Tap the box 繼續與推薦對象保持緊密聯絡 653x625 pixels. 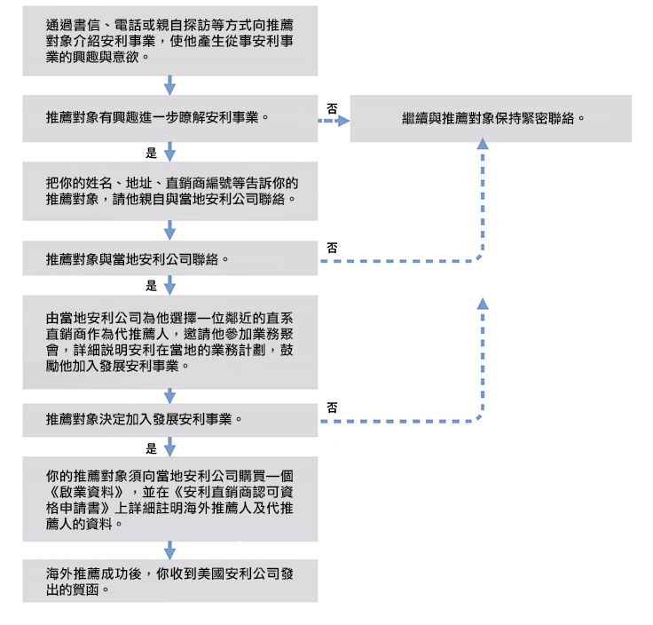click(x=491, y=117)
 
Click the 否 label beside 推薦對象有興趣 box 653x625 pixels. click(x=332, y=107)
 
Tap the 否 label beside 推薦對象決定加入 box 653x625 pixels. click(x=332, y=407)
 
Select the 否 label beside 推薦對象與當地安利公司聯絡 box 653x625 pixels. click(x=332, y=248)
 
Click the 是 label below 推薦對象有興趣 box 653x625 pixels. click(x=151, y=153)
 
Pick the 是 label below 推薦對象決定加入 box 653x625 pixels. click(x=151, y=448)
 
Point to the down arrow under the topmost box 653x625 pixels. click(x=170, y=84)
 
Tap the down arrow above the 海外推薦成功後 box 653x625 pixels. click(x=170, y=550)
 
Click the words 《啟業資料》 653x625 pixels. click(x=89, y=491)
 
